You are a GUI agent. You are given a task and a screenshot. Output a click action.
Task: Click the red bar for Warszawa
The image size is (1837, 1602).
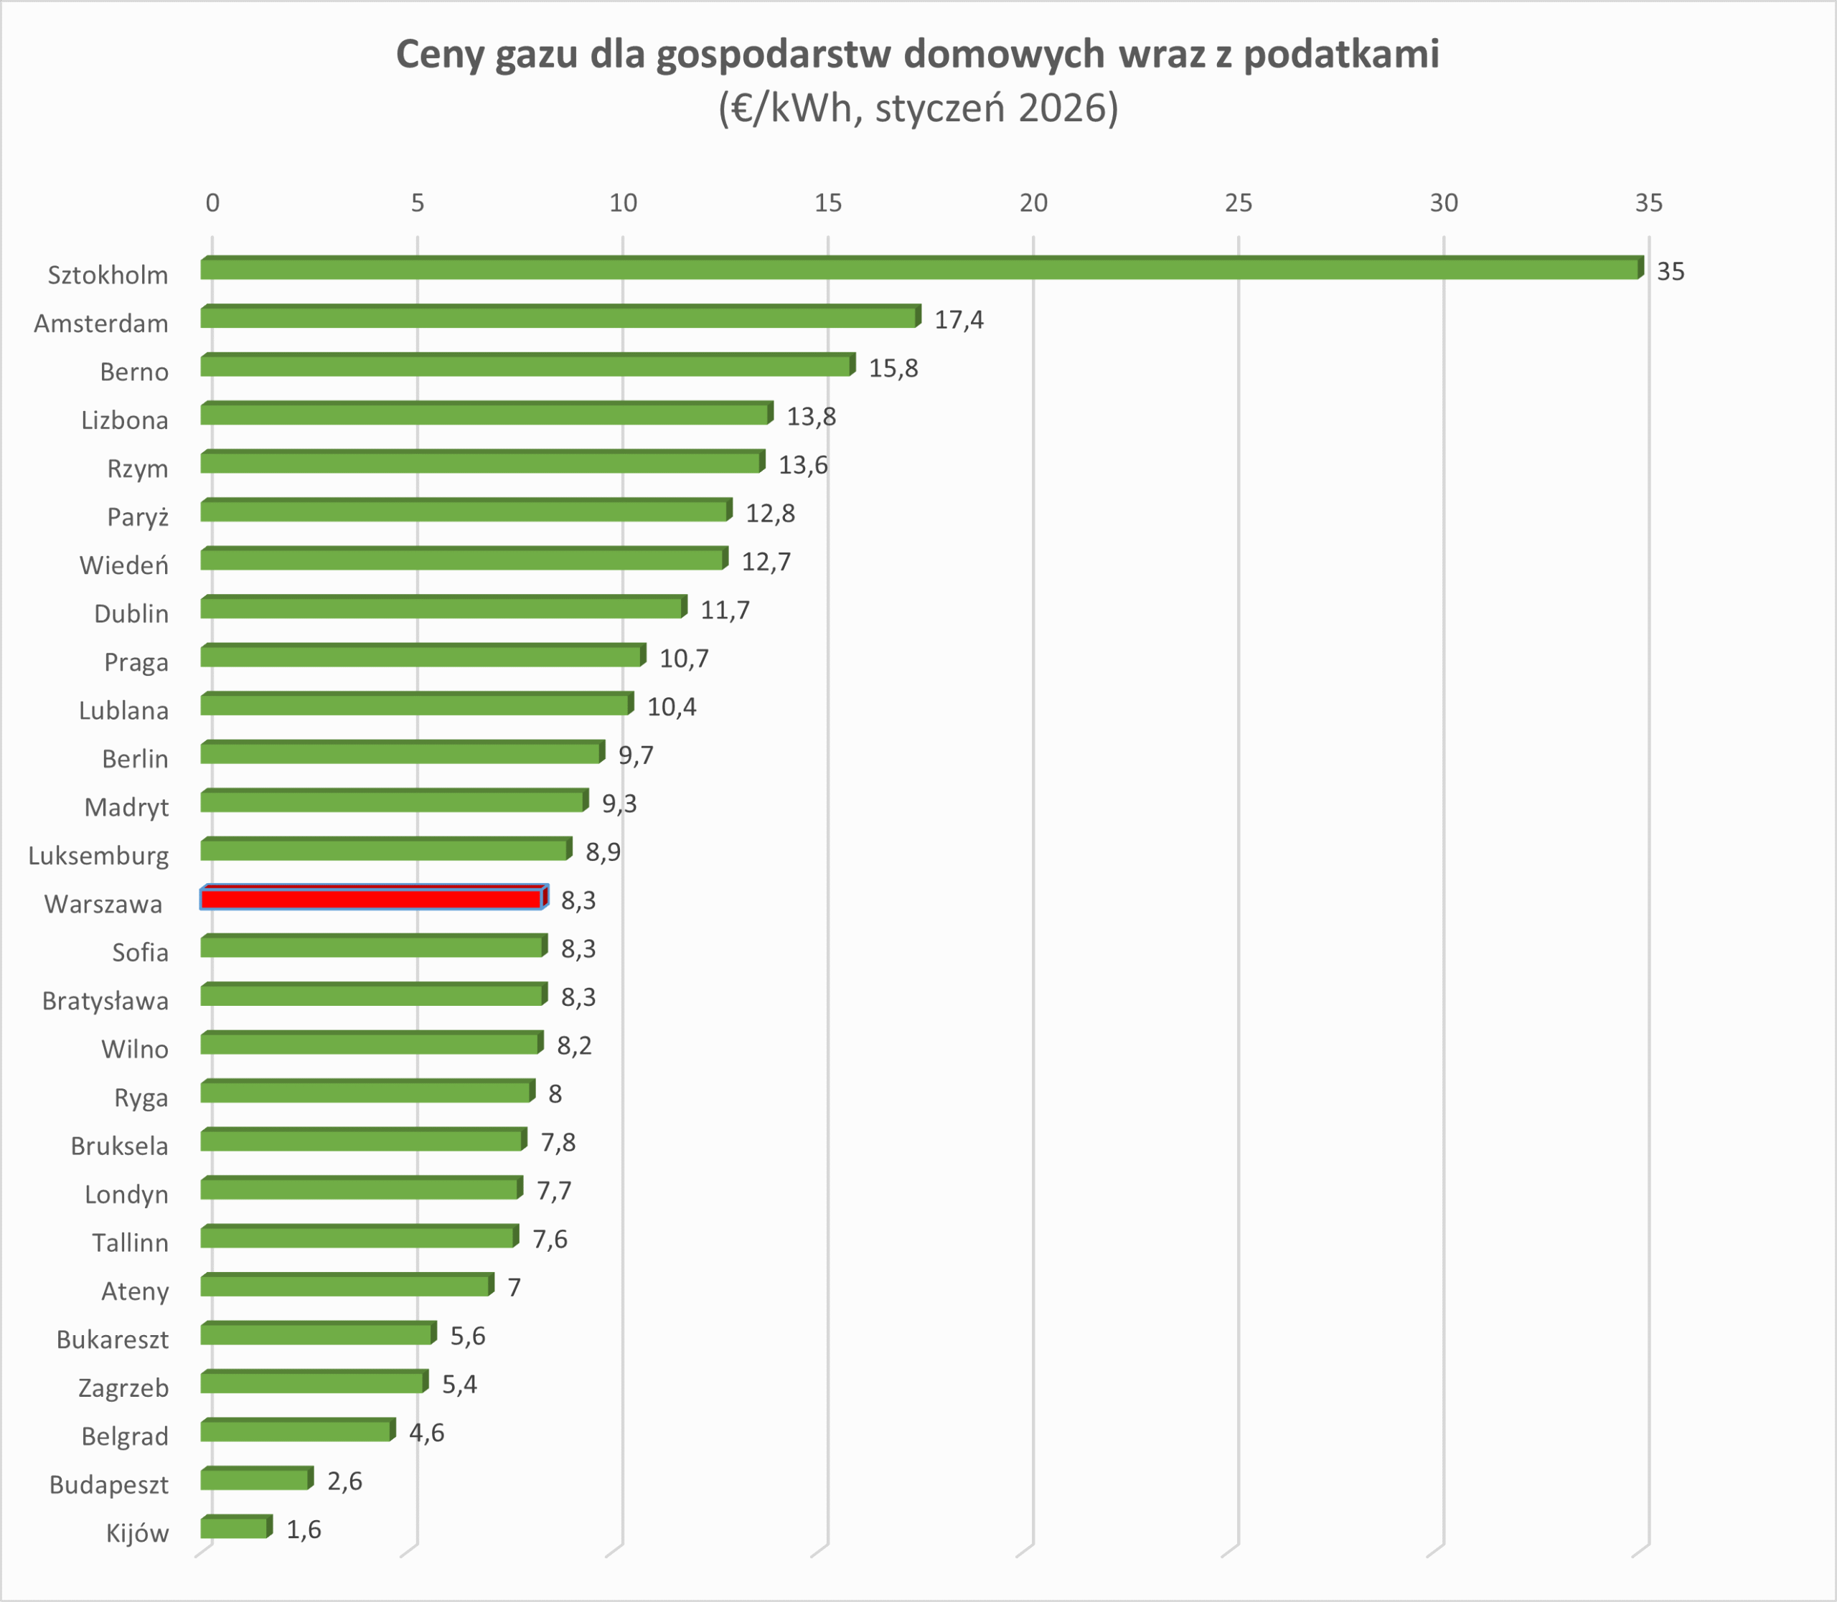(372, 898)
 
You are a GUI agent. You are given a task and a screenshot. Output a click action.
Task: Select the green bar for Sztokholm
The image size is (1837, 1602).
(921, 269)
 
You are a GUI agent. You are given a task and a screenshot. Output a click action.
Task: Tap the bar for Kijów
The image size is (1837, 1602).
(235, 1528)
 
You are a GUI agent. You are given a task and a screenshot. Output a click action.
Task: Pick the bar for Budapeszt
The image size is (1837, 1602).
(255, 1479)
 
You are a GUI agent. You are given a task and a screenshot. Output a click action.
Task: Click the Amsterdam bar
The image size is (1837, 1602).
(560, 317)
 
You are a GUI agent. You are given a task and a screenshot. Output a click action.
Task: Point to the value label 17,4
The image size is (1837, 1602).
(959, 320)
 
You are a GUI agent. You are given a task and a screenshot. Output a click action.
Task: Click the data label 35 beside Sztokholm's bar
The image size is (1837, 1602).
(1671, 272)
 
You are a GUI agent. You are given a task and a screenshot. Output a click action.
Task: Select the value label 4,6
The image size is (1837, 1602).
(427, 1433)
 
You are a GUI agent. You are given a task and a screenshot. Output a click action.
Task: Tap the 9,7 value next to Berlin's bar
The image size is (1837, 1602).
(636, 756)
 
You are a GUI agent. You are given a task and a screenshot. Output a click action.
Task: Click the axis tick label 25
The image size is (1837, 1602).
(1239, 204)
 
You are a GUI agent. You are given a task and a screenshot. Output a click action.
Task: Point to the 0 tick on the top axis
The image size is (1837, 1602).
(212, 204)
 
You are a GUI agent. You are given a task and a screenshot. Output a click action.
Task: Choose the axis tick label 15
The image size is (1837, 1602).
(828, 204)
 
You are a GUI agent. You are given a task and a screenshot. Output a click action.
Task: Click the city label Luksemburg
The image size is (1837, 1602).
(98, 857)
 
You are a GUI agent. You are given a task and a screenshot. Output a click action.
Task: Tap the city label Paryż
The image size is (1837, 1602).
(138, 517)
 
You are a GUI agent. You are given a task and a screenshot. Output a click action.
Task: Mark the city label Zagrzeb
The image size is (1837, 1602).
(123, 1388)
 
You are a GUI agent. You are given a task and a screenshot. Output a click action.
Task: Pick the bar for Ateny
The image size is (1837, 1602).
(346, 1286)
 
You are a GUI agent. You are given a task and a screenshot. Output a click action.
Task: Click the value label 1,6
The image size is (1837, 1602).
(304, 1530)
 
